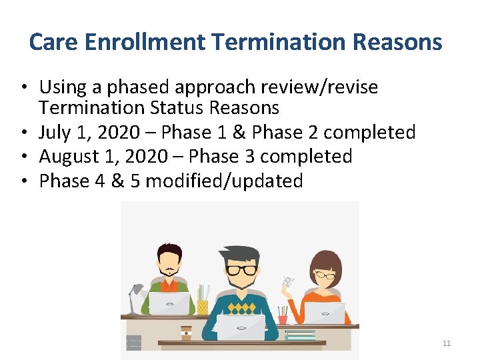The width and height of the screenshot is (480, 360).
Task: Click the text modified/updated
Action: click(x=224, y=181)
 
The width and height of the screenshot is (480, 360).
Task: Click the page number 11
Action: click(x=447, y=343)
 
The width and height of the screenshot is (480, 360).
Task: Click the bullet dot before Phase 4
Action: click(x=23, y=181)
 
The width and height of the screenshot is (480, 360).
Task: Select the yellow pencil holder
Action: click(x=202, y=306)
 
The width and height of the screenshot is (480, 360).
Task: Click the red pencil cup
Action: click(x=283, y=318)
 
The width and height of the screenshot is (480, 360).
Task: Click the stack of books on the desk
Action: click(x=300, y=335)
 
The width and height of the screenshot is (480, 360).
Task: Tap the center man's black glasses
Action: click(x=241, y=270)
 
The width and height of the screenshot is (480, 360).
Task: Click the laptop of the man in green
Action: click(x=169, y=303)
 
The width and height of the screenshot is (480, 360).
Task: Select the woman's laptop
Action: click(x=325, y=312)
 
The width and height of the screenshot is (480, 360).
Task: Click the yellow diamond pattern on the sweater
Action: click(x=241, y=308)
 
